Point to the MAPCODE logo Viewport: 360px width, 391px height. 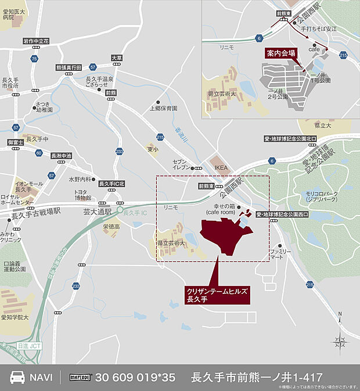tap(82, 377)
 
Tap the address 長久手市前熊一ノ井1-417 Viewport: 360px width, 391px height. tap(256, 377)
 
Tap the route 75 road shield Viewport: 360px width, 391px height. tap(35, 59)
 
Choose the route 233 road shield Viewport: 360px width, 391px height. tap(119, 151)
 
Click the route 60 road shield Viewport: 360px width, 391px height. tap(38, 153)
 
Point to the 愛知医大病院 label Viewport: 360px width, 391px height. tap(13, 15)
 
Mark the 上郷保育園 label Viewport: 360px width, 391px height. tap(163, 108)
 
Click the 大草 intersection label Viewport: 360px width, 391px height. tap(117, 58)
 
